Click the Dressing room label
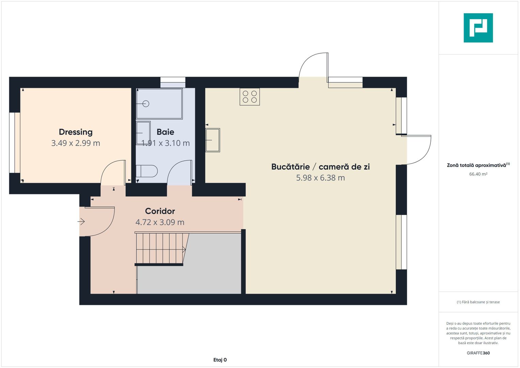[x=76, y=132]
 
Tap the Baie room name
[x=165, y=132]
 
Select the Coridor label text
[x=160, y=211]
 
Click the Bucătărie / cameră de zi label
[x=320, y=167]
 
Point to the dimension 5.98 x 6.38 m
[x=320, y=178]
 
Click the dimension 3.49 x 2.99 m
[x=76, y=143]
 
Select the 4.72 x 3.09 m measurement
[x=160, y=222]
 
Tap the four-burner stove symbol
[x=250, y=96]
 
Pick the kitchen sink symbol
[x=212, y=140]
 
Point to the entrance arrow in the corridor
[x=81, y=222]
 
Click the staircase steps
[x=160, y=249]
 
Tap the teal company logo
[x=478, y=28]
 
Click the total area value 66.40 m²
[x=478, y=174]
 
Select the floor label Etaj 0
[x=220, y=360]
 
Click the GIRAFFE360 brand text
[x=478, y=353]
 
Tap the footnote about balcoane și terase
[x=478, y=302]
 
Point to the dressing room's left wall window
[x=15, y=142]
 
